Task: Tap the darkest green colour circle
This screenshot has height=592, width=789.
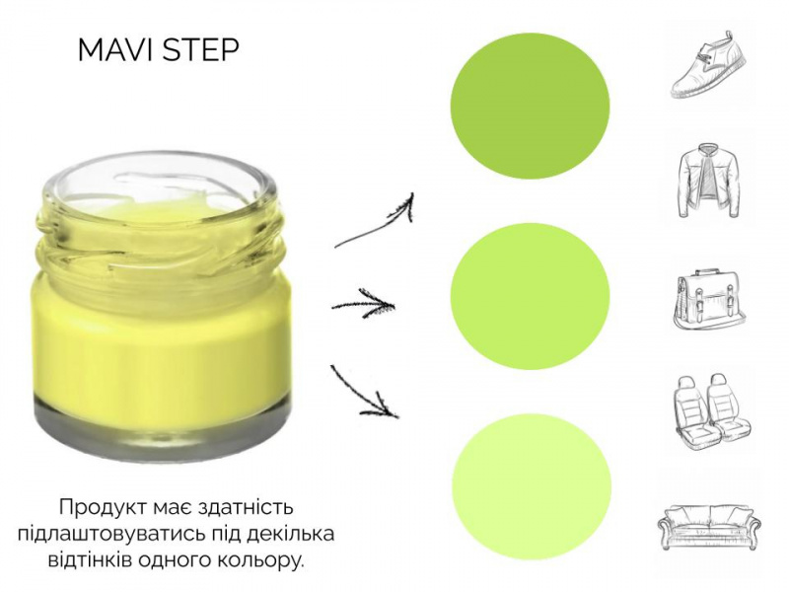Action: tap(530, 107)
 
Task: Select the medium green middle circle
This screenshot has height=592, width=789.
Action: tap(530, 297)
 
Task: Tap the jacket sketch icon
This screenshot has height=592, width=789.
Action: tap(709, 181)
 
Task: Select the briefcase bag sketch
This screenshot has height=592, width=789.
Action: tap(709, 300)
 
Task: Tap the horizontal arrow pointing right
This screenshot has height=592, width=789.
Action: tap(363, 304)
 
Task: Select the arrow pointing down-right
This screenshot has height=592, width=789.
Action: tap(363, 394)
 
